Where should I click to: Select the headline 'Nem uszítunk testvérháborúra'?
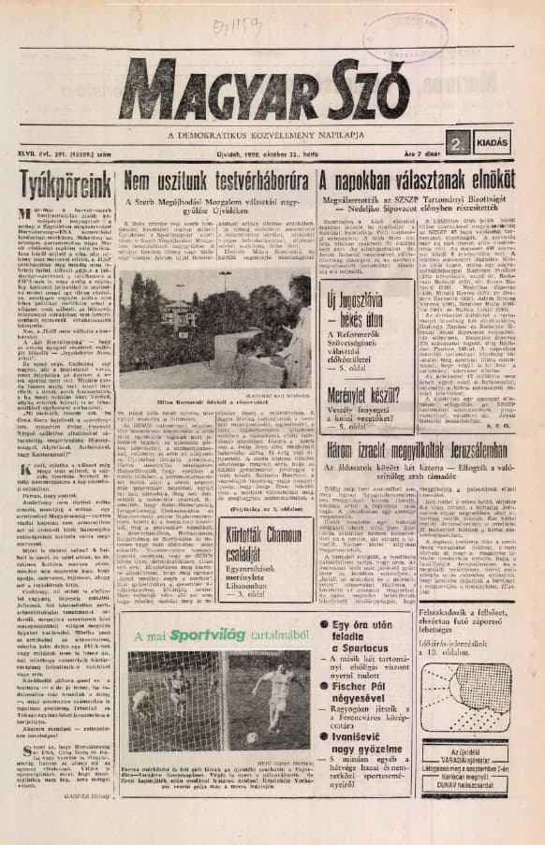click(216, 180)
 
